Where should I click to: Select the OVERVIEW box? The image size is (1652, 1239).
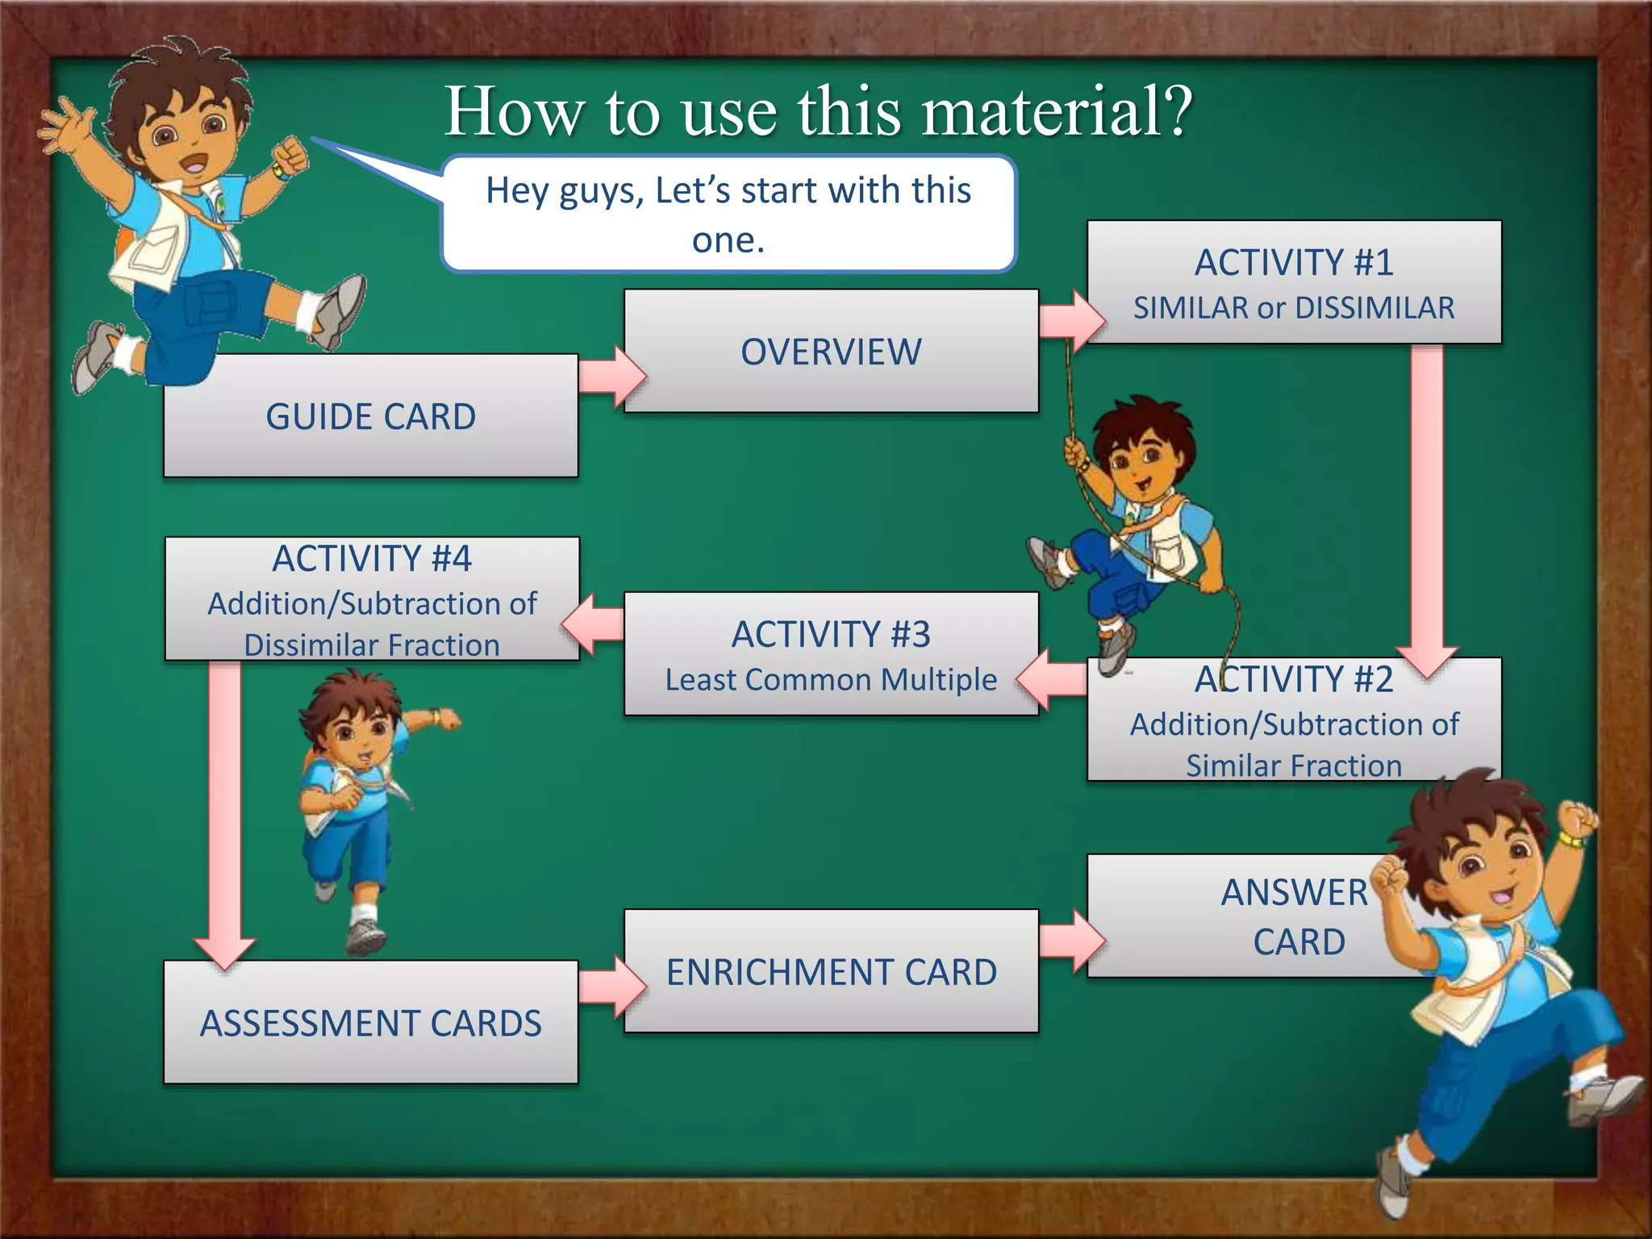point(831,352)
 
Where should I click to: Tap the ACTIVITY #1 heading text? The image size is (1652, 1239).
point(1294,263)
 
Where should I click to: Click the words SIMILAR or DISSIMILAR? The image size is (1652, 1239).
point(1294,308)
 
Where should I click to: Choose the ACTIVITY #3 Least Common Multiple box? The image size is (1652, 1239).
point(831,654)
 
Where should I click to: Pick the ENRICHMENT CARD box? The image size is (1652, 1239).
point(831,971)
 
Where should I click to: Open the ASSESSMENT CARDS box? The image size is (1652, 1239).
point(370,1022)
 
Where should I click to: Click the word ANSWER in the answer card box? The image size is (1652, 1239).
point(1294,893)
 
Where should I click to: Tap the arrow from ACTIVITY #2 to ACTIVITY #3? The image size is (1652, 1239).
point(1053,678)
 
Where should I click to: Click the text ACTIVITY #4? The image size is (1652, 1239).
point(371,558)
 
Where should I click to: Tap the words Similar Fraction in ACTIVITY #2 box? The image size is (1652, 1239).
point(1294,766)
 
